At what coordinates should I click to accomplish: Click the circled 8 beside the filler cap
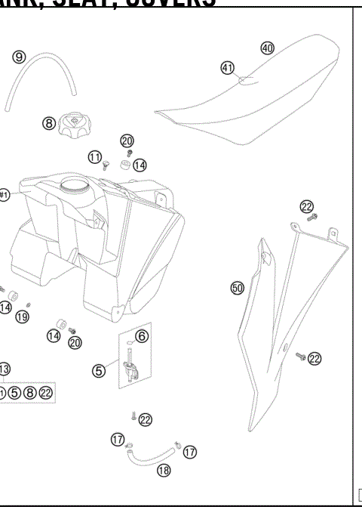click(48, 123)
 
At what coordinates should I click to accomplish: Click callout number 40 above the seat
click(267, 48)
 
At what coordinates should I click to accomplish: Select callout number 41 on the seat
click(227, 67)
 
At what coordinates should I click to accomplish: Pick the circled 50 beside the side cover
click(237, 288)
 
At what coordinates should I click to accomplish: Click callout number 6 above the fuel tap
click(142, 335)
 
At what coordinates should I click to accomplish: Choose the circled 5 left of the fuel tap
click(99, 370)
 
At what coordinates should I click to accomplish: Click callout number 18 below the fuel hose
click(162, 470)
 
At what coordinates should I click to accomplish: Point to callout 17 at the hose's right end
click(190, 451)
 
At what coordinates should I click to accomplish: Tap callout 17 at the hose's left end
click(118, 438)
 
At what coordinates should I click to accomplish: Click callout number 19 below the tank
click(22, 317)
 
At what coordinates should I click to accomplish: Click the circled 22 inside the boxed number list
click(46, 393)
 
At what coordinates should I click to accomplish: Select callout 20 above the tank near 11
click(127, 141)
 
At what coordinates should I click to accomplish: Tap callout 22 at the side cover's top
click(306, 206)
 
